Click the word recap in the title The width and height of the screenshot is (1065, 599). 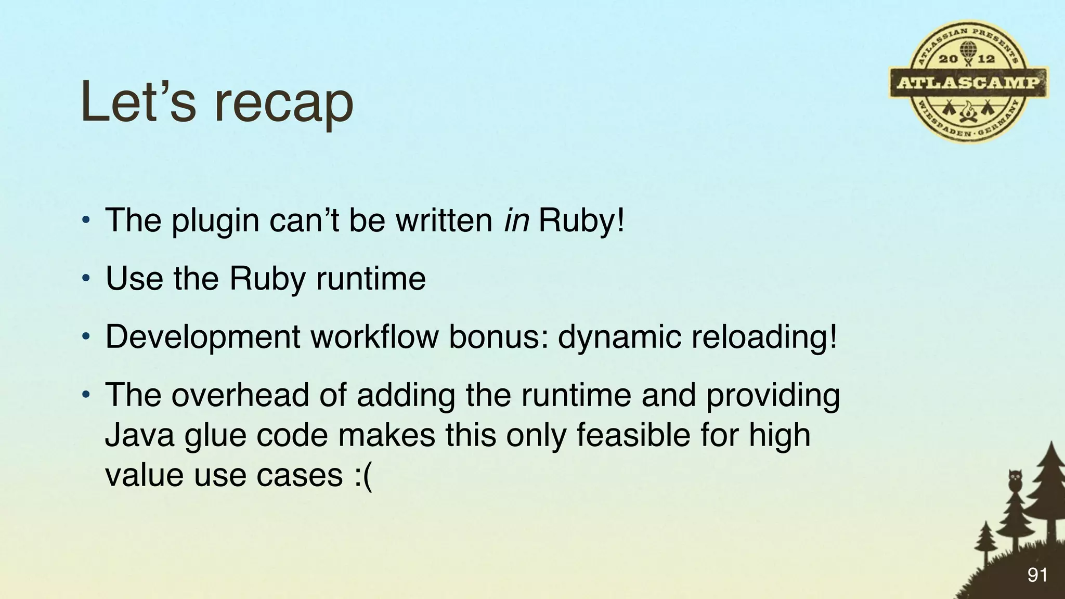[x=283, y=103]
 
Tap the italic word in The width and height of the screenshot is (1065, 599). [x=516, y=220]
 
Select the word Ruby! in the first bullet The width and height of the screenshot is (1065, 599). [x=581, y=221]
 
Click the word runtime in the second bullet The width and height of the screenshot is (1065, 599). [x=371, y=279]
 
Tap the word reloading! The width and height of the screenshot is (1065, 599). [x=764, y=337]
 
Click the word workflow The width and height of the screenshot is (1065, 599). [x=374, y=336]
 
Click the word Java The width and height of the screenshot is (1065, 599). [x=139, y=435]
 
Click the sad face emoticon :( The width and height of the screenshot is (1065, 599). [x=363, y=475]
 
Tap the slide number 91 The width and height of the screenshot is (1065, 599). [x=1037, y=575]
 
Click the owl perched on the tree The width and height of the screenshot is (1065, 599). [x=1015, y=480]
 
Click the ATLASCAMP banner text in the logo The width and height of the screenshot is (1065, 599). [x=968, y=83]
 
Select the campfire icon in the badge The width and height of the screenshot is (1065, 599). [x=968, y=112]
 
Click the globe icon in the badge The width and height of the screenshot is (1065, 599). [x=968, y=50]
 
